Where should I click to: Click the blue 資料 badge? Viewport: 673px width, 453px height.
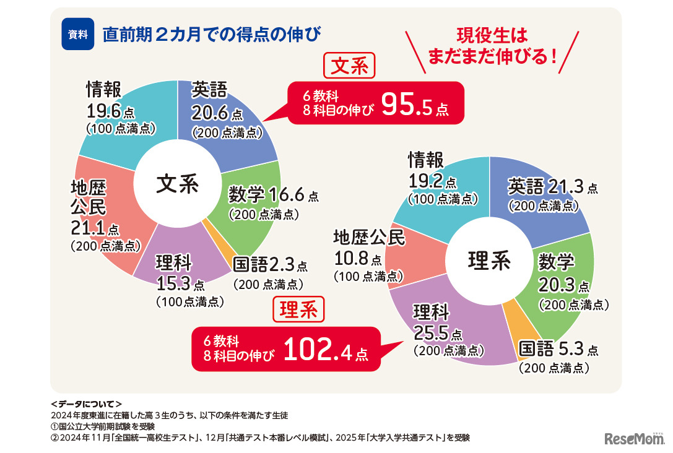point(77,35)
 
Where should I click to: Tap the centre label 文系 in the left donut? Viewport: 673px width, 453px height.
point(177,184)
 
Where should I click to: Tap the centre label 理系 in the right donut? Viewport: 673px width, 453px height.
point(489,260)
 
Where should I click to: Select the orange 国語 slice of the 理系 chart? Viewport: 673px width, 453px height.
point(513,321)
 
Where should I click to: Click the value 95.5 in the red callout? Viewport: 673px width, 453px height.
point(404,106)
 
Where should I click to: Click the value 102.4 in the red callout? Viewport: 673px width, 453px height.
point(316,350)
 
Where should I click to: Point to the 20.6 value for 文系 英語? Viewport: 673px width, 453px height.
point(210,114)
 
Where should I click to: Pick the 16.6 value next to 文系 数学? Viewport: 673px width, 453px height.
point(287,196)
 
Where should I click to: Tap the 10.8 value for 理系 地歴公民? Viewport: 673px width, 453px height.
point(352,257)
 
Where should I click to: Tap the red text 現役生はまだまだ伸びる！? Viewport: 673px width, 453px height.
point(492,46)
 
